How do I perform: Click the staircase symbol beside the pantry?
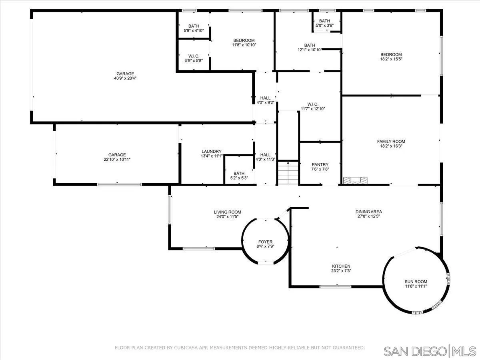288,172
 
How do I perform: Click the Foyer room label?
265,242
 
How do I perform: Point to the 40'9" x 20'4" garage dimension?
125,78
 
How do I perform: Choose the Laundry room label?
212,151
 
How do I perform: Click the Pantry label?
320,164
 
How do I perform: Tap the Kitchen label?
341,266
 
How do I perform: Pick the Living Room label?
227,212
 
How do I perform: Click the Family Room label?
391,142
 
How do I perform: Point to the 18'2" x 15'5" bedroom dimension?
391,59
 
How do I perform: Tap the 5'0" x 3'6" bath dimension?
324,26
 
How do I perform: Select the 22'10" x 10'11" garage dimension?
117,159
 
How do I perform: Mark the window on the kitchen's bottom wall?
335,286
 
